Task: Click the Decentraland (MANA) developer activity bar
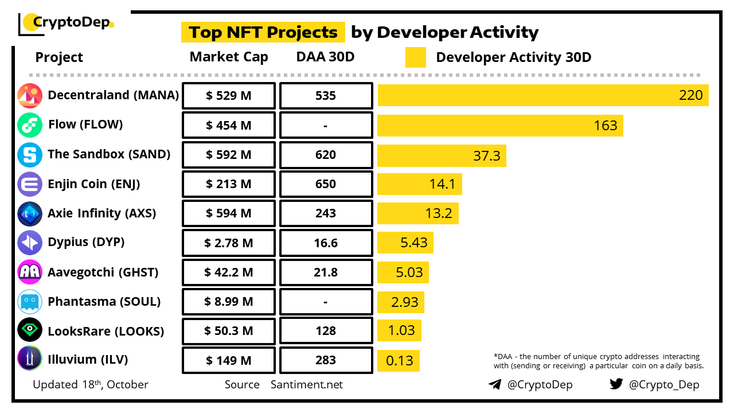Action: [x=542, y=95]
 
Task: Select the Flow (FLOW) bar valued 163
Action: [x=500, y=125]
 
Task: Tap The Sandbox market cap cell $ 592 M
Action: [x=229, y=155]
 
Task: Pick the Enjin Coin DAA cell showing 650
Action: [x=326, y=184]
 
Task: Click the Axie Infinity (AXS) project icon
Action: [x=30, y=213]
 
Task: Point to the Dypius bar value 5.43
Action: [x=414, y=243]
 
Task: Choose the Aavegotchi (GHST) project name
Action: [x=103, y=272]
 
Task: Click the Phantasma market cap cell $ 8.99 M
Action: [x=229, y=302]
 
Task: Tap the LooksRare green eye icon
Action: [x=30, y=330]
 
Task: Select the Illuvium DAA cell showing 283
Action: [x=326, y=361]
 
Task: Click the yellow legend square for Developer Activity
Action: [x=416, y=57]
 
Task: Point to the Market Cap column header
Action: [x=229, y=57]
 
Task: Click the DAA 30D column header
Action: [x=326, y=57]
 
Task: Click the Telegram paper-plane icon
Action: [x=495, y=384]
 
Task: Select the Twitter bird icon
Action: [x=616, y=384]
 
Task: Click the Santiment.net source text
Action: [x=307, y=384]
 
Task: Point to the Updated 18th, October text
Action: [x=91, y=384]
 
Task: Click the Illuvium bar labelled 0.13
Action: [x=399, y=361]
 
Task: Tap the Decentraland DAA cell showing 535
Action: [x=326, y=96]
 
